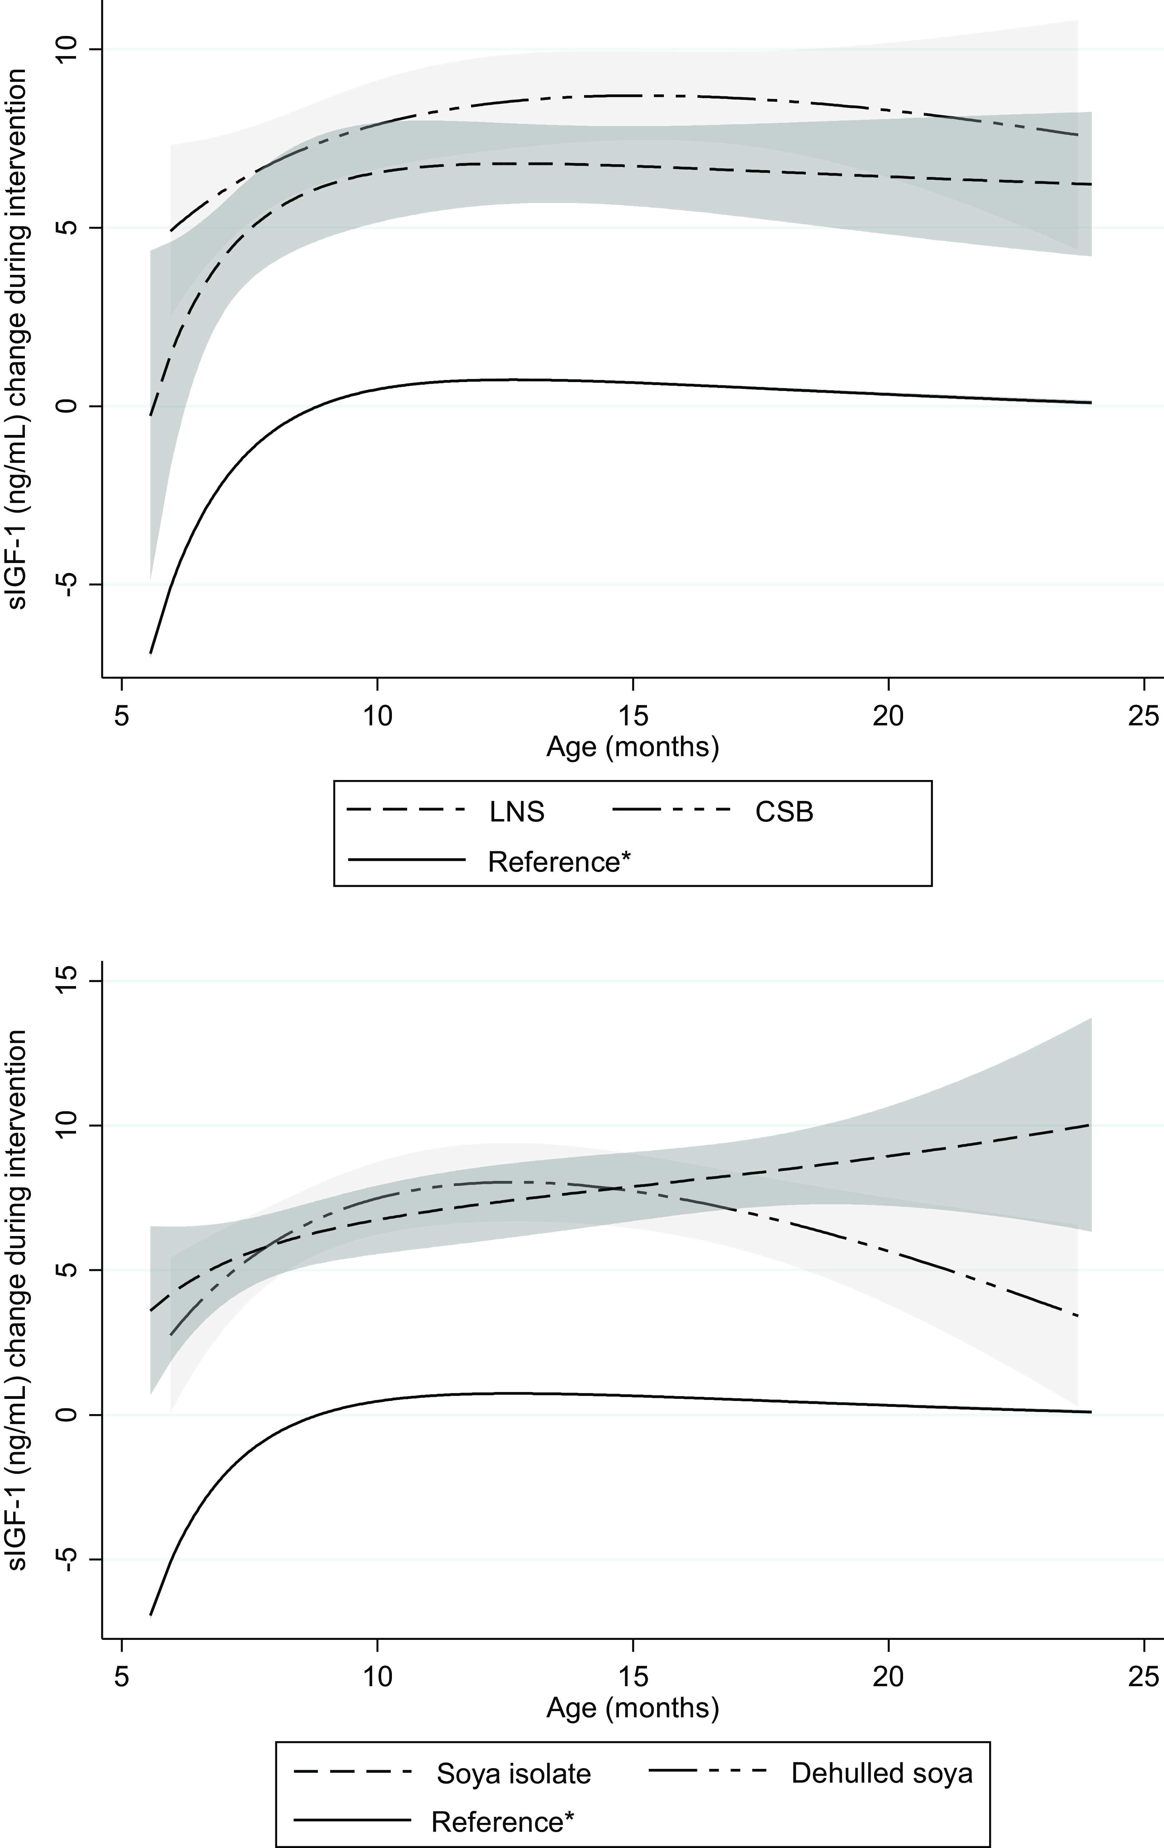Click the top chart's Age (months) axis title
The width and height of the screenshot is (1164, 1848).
click(632, 746)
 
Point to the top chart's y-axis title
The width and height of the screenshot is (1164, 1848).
click(18, 338)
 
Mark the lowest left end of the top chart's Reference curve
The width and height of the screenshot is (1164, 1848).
click(150, 653)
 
